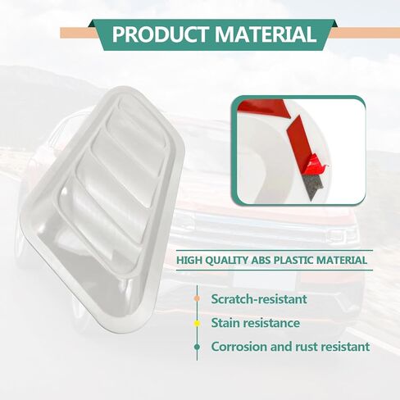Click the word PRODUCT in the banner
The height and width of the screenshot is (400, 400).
click(x=161, y=34)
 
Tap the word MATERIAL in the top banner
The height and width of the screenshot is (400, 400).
click(x=266, y=34)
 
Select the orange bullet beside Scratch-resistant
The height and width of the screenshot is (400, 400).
click(x=197, y=298)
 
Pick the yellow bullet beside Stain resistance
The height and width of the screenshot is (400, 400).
click(x=197, y=323)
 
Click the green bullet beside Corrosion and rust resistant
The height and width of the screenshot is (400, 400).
click(x=197, y=347)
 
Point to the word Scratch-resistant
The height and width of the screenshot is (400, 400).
click(x=259, y=299)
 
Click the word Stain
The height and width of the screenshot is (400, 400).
click(x=225, y=323)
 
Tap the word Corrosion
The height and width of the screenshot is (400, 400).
click(x=239, y=347)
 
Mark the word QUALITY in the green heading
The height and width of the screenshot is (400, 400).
click(x=226, y=261)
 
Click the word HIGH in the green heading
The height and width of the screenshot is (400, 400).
click(x=189, y=260)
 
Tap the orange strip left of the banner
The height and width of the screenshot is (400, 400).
click(x=79, y=33)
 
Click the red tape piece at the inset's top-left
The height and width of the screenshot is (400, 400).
click(x=262, y=107)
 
